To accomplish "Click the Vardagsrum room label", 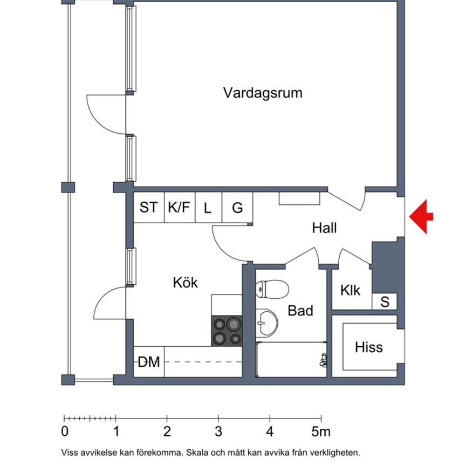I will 263,93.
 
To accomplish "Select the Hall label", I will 324,228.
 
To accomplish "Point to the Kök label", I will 185,282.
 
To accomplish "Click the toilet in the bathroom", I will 272,289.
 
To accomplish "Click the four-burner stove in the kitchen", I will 227,331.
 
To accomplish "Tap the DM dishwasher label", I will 149,362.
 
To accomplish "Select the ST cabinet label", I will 149,208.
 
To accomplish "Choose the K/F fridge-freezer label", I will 179,208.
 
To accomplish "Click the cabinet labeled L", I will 208,208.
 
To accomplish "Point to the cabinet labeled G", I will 237,208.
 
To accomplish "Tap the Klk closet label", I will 350,290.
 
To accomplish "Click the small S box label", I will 385,302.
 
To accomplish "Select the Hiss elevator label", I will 369,347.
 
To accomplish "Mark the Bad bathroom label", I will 300,311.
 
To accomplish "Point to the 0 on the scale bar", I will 65,432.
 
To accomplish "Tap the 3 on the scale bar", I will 218,432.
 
